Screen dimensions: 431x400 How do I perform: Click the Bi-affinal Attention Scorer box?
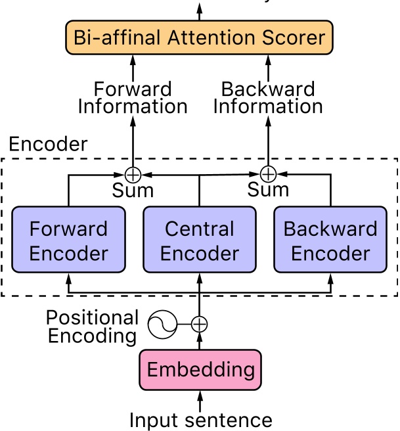point(200,37)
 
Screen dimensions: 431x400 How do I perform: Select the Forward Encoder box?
point(69,240)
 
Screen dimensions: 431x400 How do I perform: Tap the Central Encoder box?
point(200,240)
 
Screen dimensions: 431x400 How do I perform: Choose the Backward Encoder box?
point(330,240)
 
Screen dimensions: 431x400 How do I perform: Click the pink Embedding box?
point(200,369)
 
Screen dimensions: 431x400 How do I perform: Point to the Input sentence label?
point(200,420)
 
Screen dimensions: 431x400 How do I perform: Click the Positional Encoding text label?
point(92,327)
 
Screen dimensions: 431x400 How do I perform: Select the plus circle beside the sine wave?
point(200,323)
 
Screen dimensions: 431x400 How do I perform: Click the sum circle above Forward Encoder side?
point(133,175)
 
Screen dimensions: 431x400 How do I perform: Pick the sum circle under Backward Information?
point(268,174)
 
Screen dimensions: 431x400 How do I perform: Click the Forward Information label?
point(133,97)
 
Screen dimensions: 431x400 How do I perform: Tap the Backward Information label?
point(268,97)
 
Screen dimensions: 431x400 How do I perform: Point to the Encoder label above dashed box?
point(48,145)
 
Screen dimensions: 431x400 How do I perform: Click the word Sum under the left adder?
point(133,191)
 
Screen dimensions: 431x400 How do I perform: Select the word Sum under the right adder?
point(268,191)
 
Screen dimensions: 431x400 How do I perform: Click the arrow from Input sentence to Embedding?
point(200,399)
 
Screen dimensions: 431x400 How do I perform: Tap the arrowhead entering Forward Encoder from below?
point(69,279)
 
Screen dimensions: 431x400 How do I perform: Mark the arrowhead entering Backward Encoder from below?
point(330,279)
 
